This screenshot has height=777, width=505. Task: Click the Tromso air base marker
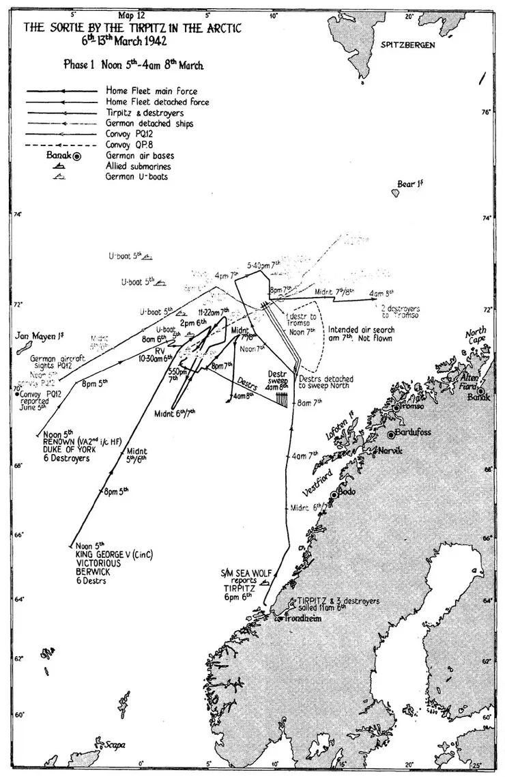coord(396,408)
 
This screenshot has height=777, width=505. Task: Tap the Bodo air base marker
coord(334,495)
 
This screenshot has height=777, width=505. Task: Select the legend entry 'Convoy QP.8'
coord(130,145)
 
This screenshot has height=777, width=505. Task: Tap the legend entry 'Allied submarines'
coord(136,166)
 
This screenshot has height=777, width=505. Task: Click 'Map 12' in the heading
coord(131,14)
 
